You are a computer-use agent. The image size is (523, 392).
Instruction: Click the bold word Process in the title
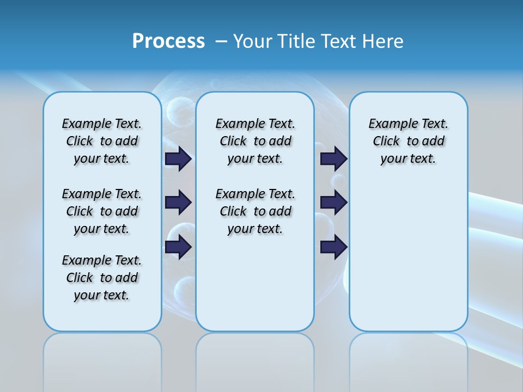tap(168, 41)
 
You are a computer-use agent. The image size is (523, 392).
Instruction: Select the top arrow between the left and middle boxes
tap(178, 159)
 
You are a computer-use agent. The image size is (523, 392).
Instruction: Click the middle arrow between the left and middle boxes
tap(178, 203)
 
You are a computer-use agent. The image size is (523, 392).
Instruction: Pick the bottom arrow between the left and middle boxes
tap(178, 247)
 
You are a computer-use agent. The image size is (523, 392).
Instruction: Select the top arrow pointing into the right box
tap(333, 159)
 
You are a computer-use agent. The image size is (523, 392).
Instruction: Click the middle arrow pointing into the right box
tap(333, 203)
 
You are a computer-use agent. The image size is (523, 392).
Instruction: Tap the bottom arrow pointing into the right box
tap(333, 247)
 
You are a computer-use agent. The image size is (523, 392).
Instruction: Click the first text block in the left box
tap(102, 141)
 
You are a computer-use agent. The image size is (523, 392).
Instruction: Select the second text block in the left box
tap(102, 211)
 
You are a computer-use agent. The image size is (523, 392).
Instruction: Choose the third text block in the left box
tap(102, 278)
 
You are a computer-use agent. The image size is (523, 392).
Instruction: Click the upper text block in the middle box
tap(255, 141)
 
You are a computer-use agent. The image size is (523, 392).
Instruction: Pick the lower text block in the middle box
tap(255, 211)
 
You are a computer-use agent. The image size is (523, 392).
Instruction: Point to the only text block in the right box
tap(408, 141)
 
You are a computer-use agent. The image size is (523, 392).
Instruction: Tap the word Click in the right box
tap(386, 142)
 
